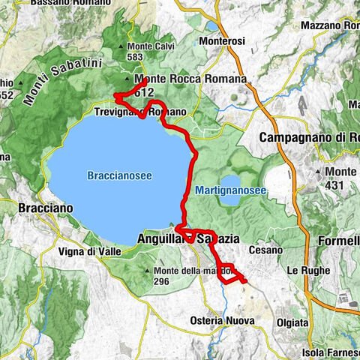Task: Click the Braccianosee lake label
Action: coord(119,175)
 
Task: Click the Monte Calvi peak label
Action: coord(145,46)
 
